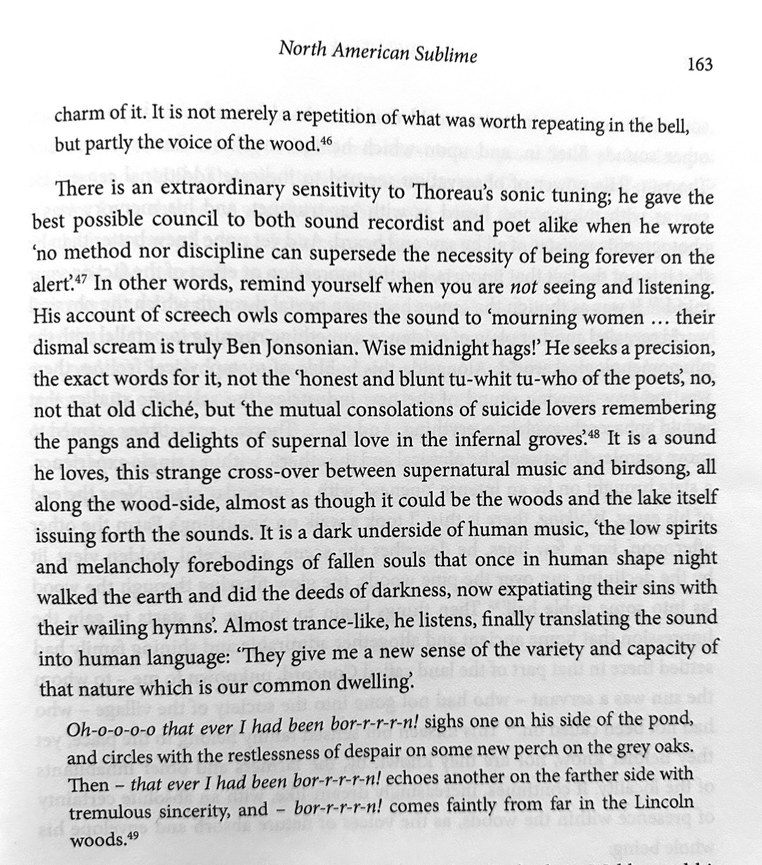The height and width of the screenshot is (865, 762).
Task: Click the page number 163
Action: (699, 64)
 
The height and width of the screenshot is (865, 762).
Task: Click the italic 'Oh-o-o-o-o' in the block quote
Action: (111, 729)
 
